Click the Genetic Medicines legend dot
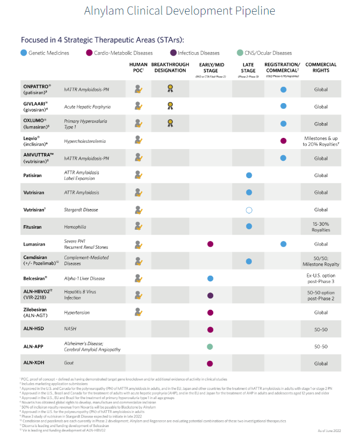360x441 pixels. tap(23, 53)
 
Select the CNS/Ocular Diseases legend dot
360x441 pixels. tap(239, 53)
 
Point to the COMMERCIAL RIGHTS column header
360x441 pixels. tap(321, 68)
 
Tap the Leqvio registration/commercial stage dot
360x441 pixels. tap(283, 141)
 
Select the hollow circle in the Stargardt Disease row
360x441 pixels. tap(249, 210)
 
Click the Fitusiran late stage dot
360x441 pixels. tap(249, 226)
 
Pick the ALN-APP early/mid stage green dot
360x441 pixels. tap(210, 346)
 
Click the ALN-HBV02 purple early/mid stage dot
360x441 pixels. tap(210, 295)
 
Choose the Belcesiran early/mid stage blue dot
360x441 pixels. tap(210, 278)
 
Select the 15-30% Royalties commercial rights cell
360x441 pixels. tap(321, 226)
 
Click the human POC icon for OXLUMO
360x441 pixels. tap(137, 124)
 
